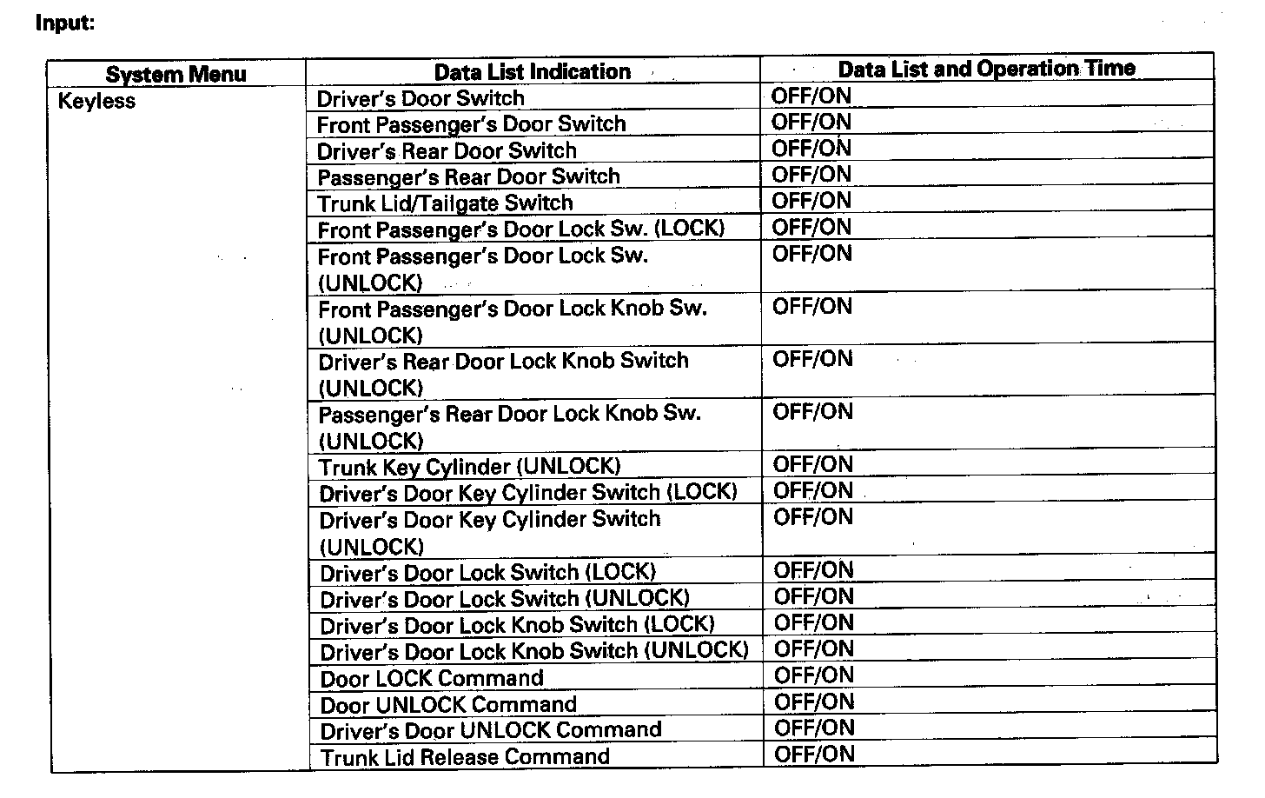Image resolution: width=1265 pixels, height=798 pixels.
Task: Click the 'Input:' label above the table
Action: pos(64,23)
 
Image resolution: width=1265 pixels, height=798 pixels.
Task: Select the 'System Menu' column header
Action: pos(176,74)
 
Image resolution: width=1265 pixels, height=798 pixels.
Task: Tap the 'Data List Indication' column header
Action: pos(532,71)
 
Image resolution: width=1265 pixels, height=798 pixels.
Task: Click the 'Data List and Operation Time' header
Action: pos(986,69)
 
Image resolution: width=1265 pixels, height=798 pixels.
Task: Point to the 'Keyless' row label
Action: pos(96,101)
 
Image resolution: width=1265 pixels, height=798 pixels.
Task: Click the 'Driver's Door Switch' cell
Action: pos(421,98)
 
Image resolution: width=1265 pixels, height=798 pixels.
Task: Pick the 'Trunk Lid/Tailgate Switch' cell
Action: pos(445,203)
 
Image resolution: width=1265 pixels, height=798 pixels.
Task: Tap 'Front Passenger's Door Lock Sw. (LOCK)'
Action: pos(520,229)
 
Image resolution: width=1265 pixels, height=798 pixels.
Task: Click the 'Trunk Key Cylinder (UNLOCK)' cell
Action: pos(469,467)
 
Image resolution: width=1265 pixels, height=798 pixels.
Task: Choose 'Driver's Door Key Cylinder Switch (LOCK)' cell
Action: pos(527,493)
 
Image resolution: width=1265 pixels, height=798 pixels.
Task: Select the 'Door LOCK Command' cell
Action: pos(432,678)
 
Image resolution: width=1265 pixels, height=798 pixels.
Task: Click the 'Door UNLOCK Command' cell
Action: pos(448,704)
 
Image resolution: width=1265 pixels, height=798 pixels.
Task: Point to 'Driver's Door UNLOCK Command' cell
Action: pos(491,730)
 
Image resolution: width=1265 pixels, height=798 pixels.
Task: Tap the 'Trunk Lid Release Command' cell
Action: pos(465,756)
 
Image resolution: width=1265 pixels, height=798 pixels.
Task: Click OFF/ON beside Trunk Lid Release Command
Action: pos(814,755)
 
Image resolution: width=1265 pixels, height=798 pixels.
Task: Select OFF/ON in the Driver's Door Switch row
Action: pos(811,96)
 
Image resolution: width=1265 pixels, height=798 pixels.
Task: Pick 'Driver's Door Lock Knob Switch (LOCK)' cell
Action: pos(517,625)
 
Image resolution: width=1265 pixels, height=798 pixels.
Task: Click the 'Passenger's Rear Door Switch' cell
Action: pos(468,177)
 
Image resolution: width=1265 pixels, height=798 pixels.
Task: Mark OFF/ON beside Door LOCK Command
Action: pos(814,675)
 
